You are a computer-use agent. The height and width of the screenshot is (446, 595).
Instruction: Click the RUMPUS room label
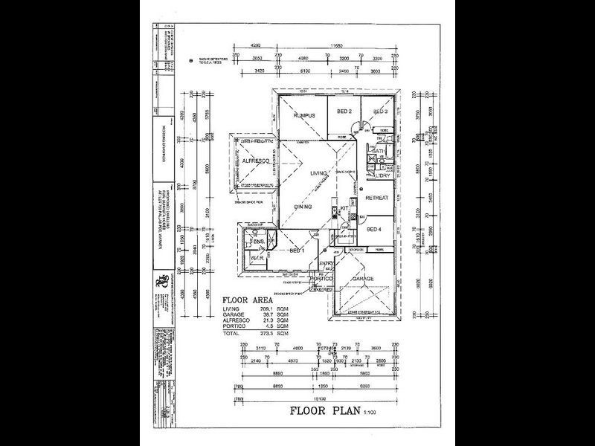(x=305, y=116)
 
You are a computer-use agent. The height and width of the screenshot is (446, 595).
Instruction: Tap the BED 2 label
(x=344, y=111)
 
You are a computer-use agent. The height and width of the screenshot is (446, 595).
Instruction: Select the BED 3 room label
(x=380, y=111)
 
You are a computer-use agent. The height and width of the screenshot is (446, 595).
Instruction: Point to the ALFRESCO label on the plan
(x=254, y=161)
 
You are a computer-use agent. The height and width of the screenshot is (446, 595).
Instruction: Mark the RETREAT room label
(x=378, y=198)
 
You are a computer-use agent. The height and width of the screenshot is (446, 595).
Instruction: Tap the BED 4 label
(x=375, y=229)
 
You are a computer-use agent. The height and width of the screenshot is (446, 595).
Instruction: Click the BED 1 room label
(x=297, y=251)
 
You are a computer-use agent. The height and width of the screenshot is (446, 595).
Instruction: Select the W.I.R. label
(x=257, y=258)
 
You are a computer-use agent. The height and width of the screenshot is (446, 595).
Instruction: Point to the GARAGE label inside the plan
(x=363, y=279)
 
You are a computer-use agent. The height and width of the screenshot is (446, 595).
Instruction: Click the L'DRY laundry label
(x=384, y=175)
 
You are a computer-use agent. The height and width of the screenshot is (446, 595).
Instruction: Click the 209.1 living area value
(x=279, y=308)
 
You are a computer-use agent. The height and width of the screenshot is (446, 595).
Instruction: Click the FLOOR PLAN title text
(x=321, y=410)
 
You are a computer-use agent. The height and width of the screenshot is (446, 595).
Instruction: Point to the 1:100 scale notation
(x=369, y=411)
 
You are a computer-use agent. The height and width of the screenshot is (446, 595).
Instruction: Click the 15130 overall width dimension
(x=322, y=399)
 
